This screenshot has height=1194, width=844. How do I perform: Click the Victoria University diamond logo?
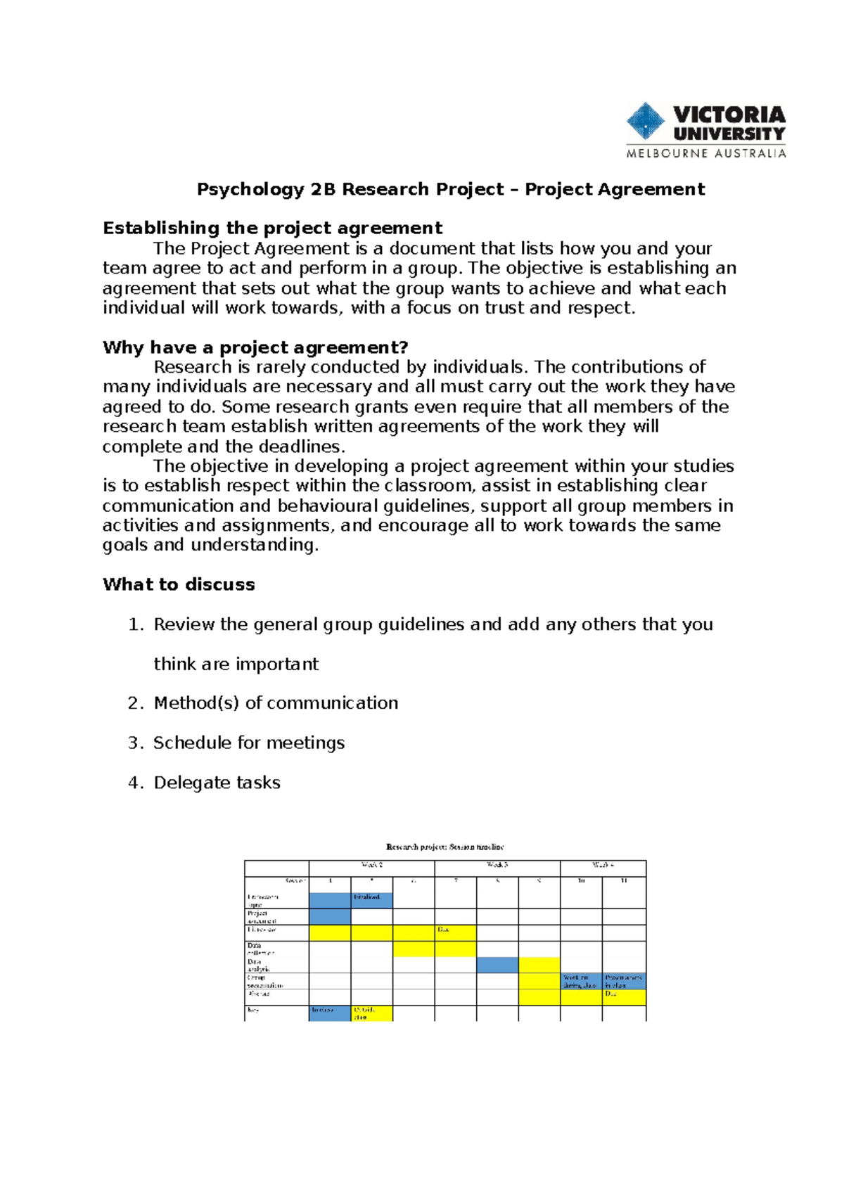[645, 121]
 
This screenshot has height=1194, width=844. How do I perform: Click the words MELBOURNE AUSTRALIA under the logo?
[706, 153]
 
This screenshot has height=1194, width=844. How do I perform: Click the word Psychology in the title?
[250, 190]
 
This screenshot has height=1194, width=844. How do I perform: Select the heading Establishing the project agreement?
[272, 229]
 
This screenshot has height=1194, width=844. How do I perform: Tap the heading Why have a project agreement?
[255, 347]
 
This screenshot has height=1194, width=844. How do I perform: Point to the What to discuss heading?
[179, 584]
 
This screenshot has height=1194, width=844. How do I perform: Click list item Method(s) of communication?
[276, 703]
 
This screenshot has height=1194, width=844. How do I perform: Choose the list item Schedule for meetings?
[249, 743]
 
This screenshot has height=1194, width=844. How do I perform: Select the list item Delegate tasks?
[217, 783]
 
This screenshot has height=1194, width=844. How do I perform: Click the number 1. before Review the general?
[136, 624]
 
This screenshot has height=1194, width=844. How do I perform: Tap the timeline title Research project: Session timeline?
[445, 847]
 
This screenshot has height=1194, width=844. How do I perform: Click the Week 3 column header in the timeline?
[497, 866]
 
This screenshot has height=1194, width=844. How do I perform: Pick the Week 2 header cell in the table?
[371, 866]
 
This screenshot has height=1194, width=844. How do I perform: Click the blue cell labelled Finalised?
[371, 899]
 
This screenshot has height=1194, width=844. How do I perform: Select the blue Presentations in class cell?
[624, 981]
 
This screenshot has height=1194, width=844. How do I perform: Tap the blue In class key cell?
[329, 1013]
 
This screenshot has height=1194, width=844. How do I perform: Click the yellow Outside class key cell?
[371, 1013]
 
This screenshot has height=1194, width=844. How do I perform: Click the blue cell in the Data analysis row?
[497, 965]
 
